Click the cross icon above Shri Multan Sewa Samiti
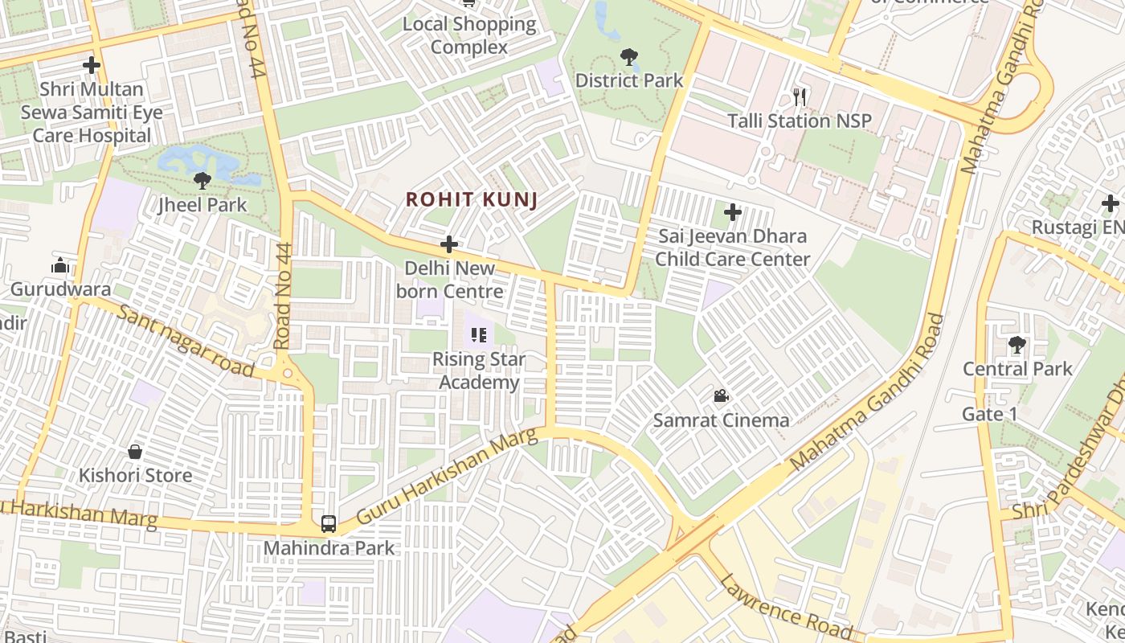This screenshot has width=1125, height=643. coord(92,65)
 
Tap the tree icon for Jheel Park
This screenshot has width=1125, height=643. coord(202,181)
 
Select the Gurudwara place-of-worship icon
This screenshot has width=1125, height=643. coord(60,266)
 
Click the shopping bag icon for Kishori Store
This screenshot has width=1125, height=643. coord(135,452)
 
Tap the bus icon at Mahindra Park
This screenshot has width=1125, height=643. coord(328,524)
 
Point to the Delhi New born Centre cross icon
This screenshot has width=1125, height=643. coord(449,244)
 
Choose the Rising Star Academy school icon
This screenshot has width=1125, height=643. coord(479,335)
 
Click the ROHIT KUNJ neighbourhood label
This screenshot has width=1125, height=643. coord(471,199)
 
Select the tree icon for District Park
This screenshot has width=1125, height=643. coord(628,57)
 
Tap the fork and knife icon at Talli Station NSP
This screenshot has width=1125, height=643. coord(799,97)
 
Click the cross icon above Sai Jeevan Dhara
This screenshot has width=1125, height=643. coord(732,213)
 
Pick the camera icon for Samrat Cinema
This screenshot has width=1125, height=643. coord(721,396)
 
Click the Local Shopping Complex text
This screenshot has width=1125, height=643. coord(469,35)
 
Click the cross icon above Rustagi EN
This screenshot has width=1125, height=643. coord(1111,203)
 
